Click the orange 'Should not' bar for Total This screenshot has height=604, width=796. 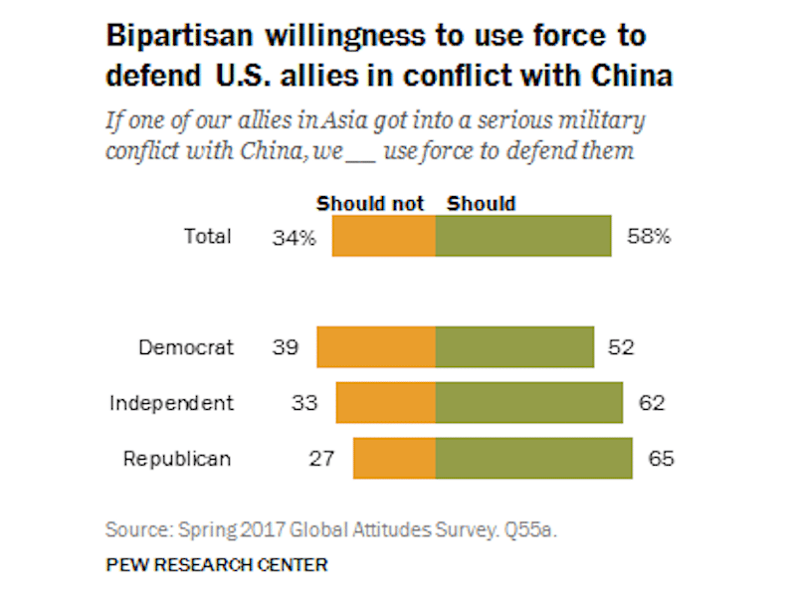[x=384, y=237]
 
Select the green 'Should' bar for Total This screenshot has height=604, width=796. [x=523, y=237]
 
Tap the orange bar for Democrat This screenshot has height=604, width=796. [x=376, y=347]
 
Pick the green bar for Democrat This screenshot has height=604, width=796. [x=514, y=347]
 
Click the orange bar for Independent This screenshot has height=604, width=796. [x=386, y=403]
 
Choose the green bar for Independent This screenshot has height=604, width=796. [x=529, y=403]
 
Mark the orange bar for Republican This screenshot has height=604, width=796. [x=394, y=459]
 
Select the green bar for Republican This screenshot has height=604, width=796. [x=533, y=459]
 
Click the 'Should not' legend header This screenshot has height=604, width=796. [x=370, y=204]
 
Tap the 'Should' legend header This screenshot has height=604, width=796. [x=482, y=204]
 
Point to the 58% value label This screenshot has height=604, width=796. [x=649, y=237]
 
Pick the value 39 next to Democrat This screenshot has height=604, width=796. [x=285, y=347]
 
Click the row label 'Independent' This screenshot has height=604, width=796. [x=171, y=403]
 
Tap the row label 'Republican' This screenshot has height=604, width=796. [x=177, y=459]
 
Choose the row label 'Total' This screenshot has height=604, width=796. [x=208, y=237]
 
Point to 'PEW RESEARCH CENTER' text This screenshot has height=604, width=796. [x=216, y=565]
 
